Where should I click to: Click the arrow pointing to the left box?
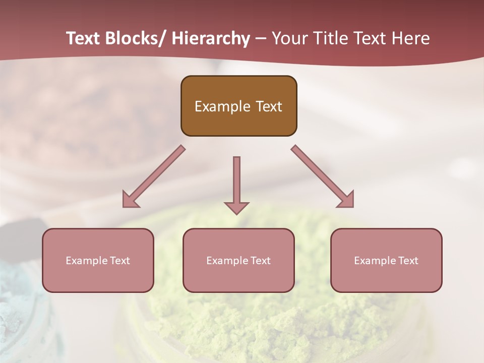[x=153, y=176]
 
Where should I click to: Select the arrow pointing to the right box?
[x=323, y=176]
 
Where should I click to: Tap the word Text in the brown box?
[x=268, y=106]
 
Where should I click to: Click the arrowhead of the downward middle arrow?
[x=236, y=208]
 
